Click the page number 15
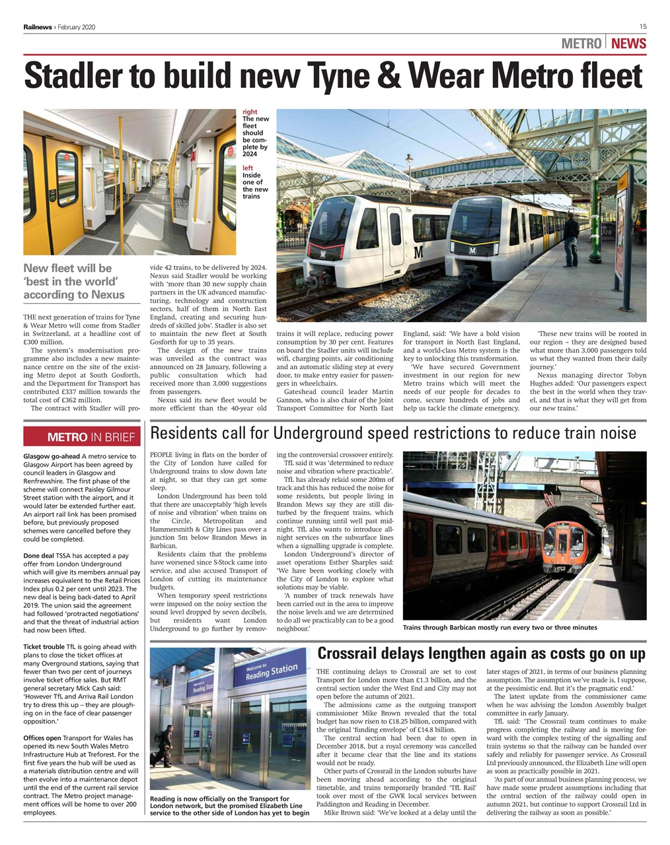(x=642, y=26)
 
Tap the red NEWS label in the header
(x=628, y=44)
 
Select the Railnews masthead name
(x=38, y=27)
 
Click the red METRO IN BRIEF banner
(x=82, y=437)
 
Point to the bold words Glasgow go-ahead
(x=52, y=456)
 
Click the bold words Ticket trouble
(x=44, y=647)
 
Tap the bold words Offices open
(x=42, y=738)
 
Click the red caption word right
(x=250, y=112)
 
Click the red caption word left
(x=248, y=168)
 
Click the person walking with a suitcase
(x=164, y=745)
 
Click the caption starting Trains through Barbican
(x=500, y=627)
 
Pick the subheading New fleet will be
(x=67, y=268)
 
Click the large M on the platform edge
(x=418, y=252)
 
